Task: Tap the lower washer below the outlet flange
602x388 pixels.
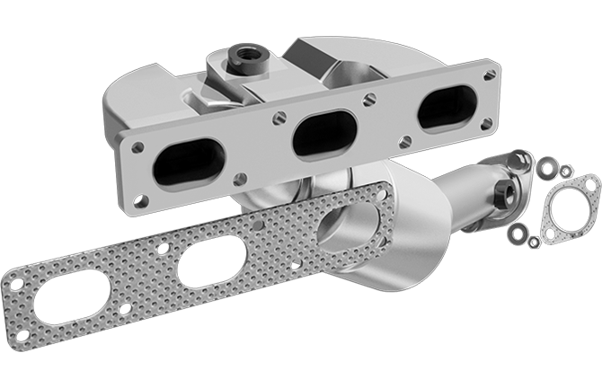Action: pyautogui.click(x=518, y=234)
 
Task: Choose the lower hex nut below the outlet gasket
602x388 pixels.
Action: pyautogui.click(x=534, y=241)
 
